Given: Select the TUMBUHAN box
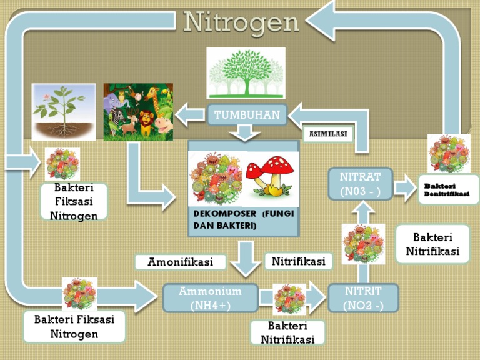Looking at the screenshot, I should click(247, 115).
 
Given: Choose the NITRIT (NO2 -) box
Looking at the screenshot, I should click(363, 298).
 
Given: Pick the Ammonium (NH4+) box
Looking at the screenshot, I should click(210, 298).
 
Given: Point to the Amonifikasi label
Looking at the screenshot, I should click(181, 262).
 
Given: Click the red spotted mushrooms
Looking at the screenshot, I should click(269, 175).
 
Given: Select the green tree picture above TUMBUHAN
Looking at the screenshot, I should click(246, 73).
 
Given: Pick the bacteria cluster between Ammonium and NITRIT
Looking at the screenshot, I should click(289, 298).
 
